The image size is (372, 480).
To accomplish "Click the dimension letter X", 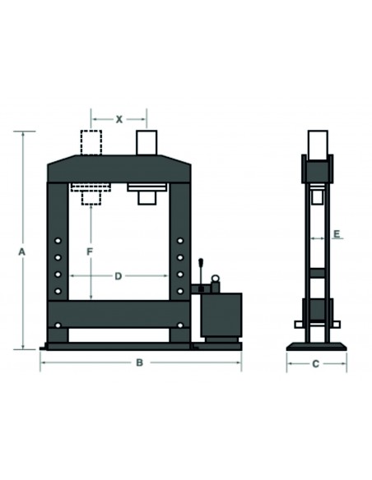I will [119, 119].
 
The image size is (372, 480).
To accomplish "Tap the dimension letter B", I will [140, 362].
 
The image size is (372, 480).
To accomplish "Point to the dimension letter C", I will [315, 362].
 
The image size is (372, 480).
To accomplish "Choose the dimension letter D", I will [119, 276].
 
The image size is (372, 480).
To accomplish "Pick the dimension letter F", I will [91, 249].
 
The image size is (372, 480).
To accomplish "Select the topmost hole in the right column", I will [179, 240].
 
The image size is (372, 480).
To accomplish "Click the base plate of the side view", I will [315, 344].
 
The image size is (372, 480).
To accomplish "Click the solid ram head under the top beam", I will [146, 192].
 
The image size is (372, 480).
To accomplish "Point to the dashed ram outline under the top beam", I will [90, 192].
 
